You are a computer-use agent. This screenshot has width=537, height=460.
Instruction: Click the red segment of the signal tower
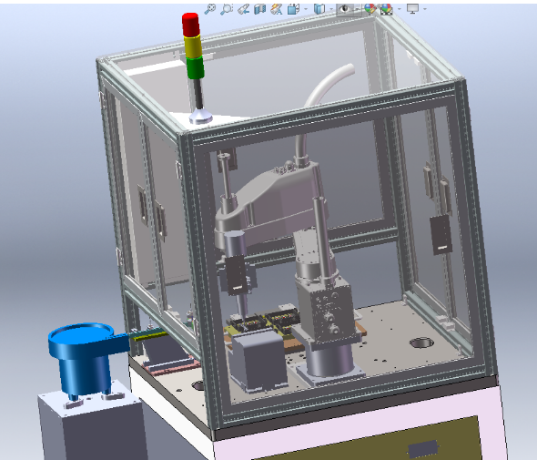click(191, 24)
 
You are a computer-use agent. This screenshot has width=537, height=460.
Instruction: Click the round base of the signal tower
click(201, 117)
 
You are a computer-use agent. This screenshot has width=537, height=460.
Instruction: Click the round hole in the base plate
click(421, 343)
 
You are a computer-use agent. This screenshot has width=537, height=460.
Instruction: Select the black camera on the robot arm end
click(238, 274)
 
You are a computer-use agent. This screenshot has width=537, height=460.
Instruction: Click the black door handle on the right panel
click(441, 234)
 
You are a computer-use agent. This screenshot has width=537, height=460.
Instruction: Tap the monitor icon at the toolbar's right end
click(413, 8)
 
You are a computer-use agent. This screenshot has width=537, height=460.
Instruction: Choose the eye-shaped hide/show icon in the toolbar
click(346, 9)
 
